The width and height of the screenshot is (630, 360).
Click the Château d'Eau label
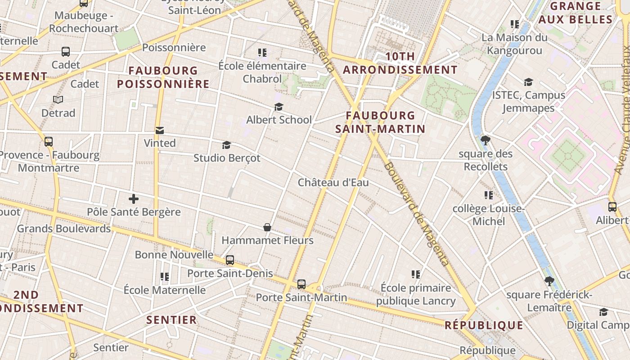pos(333,182)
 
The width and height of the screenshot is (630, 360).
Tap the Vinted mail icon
pos(159,130)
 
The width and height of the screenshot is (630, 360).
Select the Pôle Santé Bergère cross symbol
pos(134,199)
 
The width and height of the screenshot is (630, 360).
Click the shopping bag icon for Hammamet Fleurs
pos(267,228)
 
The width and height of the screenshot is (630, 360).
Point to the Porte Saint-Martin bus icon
pos(301,284)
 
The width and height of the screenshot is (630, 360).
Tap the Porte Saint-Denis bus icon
pos(230,260)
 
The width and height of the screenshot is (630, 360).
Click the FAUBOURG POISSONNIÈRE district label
pos(163,77)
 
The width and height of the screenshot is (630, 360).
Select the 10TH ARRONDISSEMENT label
pos(400,63)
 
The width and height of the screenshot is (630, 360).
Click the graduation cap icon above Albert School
pos(279,107)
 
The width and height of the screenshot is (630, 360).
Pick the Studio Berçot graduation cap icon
pos(226,145)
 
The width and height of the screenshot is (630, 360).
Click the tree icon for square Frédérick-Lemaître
pos(549,282)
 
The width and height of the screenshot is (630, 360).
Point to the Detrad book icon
pos(58,99)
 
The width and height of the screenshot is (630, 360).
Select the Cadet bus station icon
pos(66,52)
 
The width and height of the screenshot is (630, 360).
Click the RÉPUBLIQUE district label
pos(484,325)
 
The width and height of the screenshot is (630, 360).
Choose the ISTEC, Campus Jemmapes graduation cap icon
pos(528,82)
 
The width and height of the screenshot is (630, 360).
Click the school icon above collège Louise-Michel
pos(489,195)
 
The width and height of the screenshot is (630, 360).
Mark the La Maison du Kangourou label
pos(514,44)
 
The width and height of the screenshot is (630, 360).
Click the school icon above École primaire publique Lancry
pos(416,274)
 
